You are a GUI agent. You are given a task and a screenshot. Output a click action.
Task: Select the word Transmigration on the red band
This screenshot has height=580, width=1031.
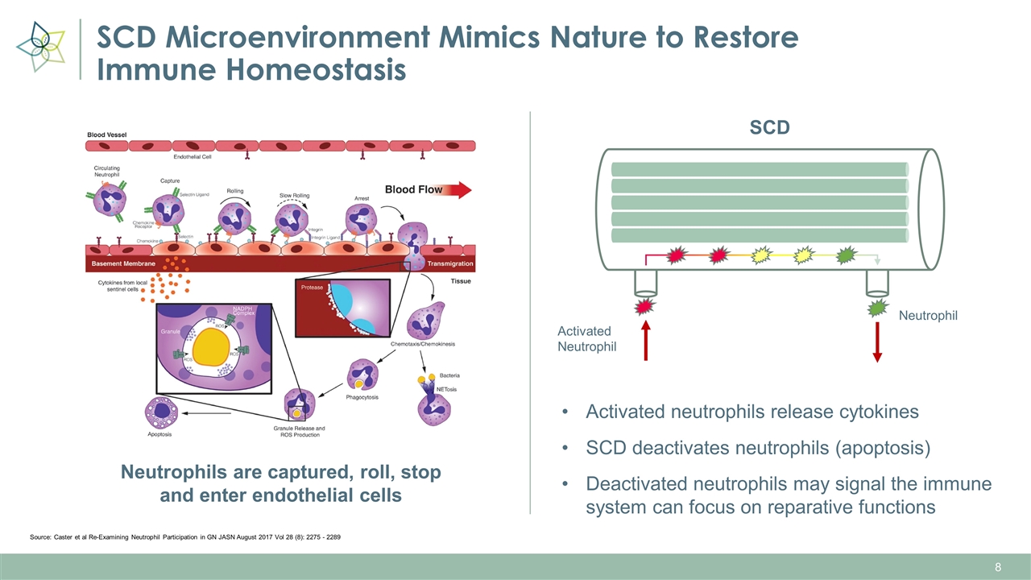[450, 264]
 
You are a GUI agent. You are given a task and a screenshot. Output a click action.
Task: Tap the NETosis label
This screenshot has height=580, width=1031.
[446, 389]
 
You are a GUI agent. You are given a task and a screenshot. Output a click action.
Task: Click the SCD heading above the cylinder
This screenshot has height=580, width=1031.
[769, 128]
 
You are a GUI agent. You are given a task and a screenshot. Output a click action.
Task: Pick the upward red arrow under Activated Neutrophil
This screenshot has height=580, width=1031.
[645, 342]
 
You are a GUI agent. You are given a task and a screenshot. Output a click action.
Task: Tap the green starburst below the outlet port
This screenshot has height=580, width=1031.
[876, 308]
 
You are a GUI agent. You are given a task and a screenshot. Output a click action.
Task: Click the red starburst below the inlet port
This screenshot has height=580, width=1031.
[644, 307]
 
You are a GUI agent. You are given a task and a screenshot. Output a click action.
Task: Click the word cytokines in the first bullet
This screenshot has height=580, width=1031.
[871, 412]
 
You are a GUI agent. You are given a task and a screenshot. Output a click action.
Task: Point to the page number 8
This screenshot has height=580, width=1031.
[998, 568]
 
